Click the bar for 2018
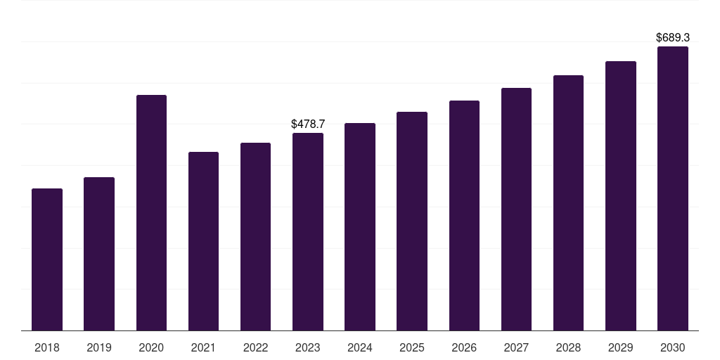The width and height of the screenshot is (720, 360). tap(47, 259)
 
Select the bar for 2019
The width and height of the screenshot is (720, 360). tap(99, 254)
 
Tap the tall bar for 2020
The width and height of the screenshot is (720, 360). tap(152, 212)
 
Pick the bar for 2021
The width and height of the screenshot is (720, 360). tap(203, 241)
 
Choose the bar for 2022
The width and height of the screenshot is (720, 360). tap(255, 236)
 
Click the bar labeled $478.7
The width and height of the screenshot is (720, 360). tap(308, 232)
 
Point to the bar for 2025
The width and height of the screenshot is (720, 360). tap(412, 221)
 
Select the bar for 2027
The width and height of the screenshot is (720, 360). tap(516, 209)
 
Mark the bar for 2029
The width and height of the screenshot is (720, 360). tap(621, 195)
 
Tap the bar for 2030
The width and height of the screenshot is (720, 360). tap(673, 188)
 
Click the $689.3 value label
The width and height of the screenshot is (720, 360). tap(673, 37)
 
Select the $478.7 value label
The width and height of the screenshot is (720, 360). tap(308, 124)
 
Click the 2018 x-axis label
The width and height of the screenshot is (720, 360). tap(47, 347)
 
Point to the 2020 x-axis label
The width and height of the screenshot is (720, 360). tap(151, 347)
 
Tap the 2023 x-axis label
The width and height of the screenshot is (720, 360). tap(308, 347)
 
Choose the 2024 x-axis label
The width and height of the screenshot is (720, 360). tap(359, 347)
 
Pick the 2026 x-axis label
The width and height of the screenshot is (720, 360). tap(464, 347)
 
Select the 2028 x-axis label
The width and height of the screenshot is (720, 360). tap(568, 347)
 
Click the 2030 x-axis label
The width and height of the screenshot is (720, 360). tap(672, 347)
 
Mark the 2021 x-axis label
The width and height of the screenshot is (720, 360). tap(203, 347)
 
